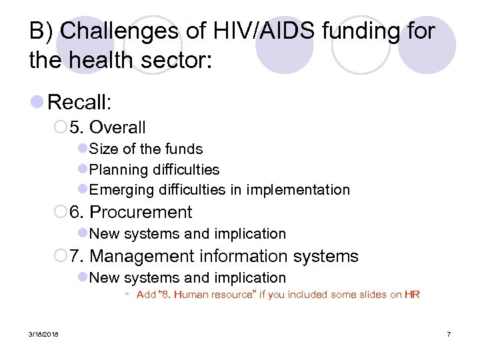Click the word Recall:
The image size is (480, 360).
click(79, 102)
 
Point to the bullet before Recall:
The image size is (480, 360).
click(38, 102)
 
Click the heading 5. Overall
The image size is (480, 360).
click(117, 127)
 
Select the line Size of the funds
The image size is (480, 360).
click(145, 149)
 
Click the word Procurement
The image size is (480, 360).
click(140, 213)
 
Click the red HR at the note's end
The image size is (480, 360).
click(412, 295)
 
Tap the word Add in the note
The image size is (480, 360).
click(146, 295)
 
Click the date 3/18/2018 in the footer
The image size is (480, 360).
click(43, 334)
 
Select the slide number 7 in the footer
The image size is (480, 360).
click(449, 334)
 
